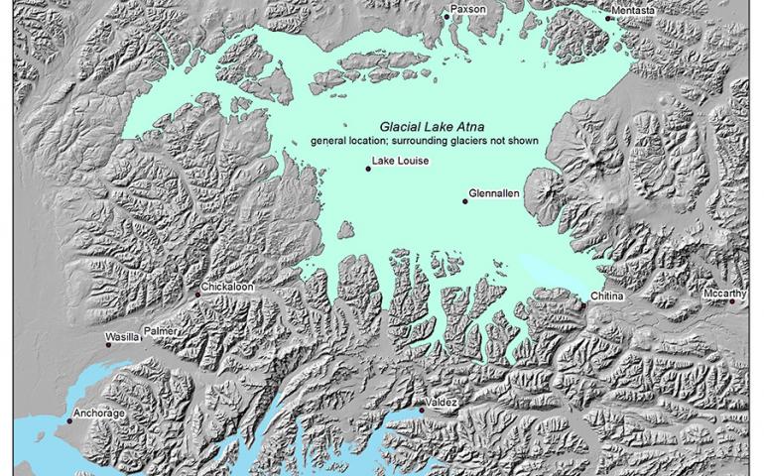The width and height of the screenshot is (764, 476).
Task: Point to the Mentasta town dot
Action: pos(609,17)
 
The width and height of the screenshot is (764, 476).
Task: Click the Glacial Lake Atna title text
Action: pos(423,127)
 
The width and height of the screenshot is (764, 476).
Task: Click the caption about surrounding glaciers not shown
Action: pos(424,141)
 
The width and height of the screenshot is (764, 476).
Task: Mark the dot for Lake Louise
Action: pos(368,170)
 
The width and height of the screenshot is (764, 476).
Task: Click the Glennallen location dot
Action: pos(464,201)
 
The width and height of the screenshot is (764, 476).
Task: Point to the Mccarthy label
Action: pos(725,294)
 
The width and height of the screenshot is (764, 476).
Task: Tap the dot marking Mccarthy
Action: pos(732,301)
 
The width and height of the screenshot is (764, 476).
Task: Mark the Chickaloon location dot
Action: pos(198,294)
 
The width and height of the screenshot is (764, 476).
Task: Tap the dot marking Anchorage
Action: pos(69,421)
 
